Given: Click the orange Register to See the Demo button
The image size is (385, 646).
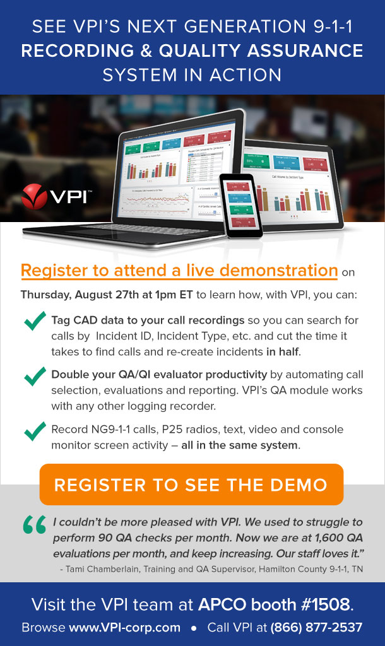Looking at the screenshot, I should click(x=191, y=484).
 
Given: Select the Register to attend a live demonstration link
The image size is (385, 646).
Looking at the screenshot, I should click(x=179, y=271).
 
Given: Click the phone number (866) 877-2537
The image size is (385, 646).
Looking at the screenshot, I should click(x=316, y=628).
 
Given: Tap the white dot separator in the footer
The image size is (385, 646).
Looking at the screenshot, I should click(x=193, y=628).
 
